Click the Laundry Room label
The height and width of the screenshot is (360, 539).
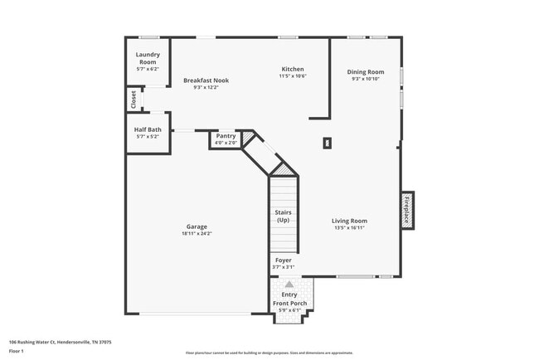pyautogui.click(x=148, y=59)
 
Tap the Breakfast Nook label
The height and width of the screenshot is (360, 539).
pyautogui.click(x=206, y=80)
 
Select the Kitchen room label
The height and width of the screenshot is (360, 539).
pyautogui.click(x=292, y=69)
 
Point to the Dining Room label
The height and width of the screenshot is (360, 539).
pyautogui.click(x=365, y=72)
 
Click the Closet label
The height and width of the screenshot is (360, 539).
pyautogui.click(x=133, y=99)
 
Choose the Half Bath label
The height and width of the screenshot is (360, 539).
pyautogui.click(x=148, y=129)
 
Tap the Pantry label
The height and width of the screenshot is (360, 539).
pyautogui.click(x=226, y=136)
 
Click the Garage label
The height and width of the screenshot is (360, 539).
pyautogui.click(x=197, y=226)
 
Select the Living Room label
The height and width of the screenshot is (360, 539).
pyautogui.click(x=349, y=221)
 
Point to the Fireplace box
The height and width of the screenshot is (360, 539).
pyautogui.click(x=407, y=209)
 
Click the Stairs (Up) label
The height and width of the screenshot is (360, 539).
pyautogui.click(x=283, y=216)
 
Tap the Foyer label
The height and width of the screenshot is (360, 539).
pyautogui.click(x=283, y=260)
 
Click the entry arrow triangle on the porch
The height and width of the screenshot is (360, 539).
pyautogui.click(x=289, y=284)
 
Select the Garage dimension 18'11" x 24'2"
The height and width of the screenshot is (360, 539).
pyautogui.click(x=197, y=234)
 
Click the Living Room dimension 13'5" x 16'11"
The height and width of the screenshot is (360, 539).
pyautogui.click(x=349, y=228)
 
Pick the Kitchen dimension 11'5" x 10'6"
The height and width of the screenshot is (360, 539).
pyautogui.click(x=292, y=76)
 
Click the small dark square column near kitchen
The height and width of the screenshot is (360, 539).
pyautogui.click(x=328, y=143)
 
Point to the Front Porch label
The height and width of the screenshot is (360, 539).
pyautogui.click(x=289, y=304)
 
